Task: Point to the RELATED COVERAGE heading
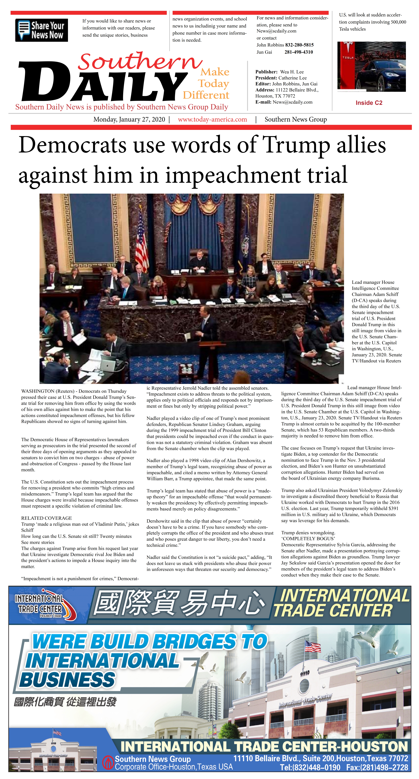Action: (47, 518)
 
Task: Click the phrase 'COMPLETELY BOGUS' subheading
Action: (308, 539)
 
